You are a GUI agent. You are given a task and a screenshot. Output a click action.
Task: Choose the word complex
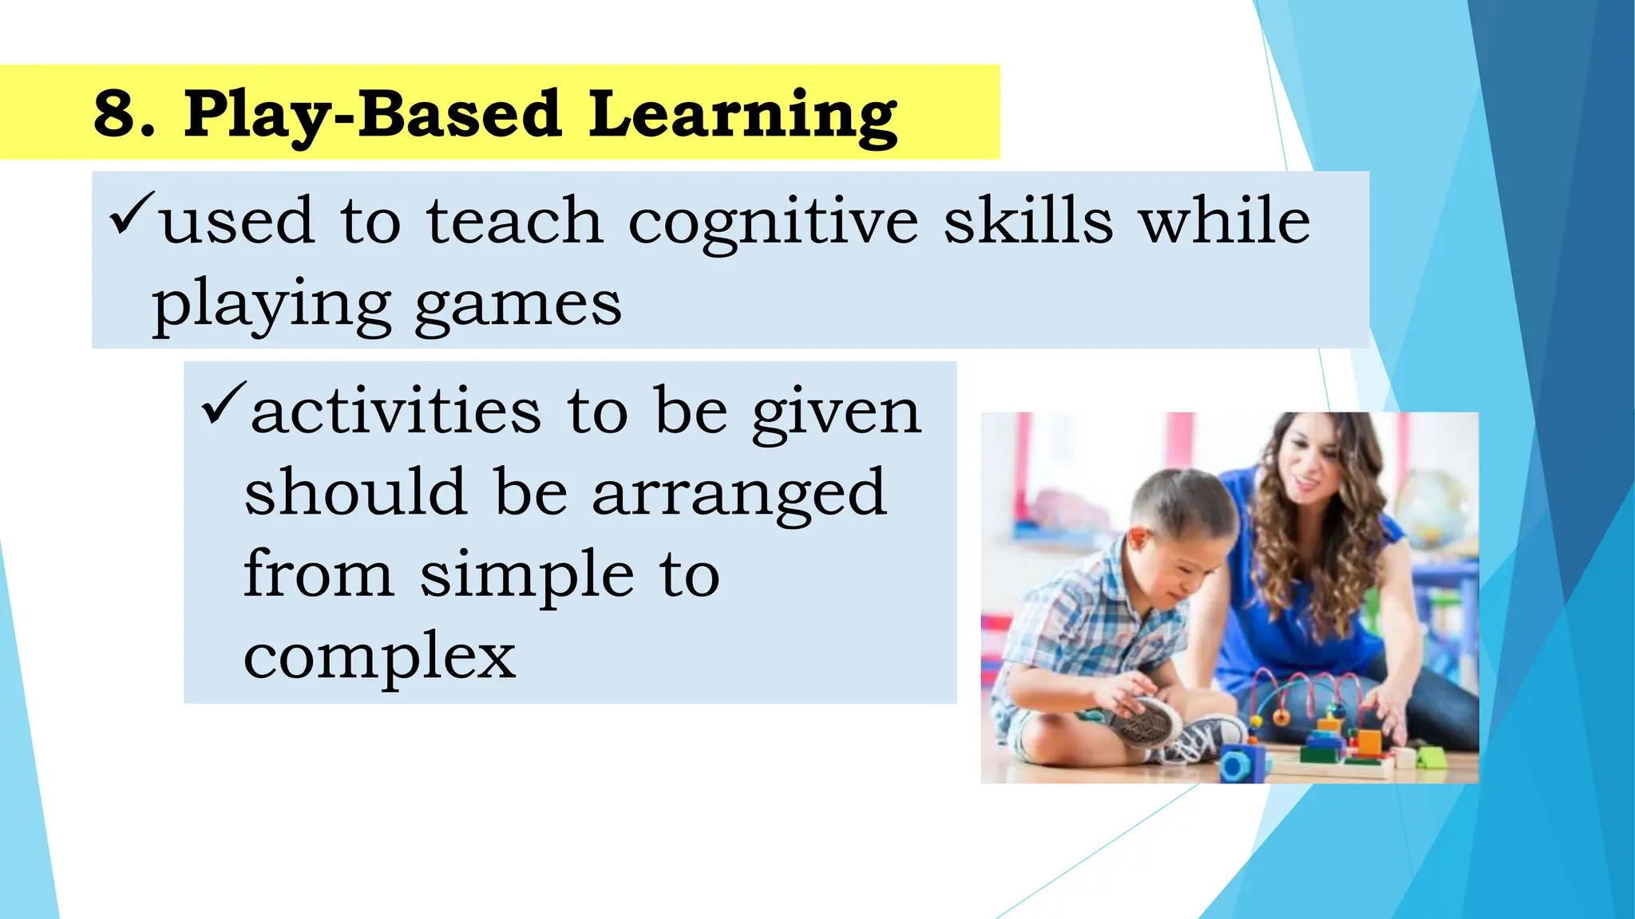380,657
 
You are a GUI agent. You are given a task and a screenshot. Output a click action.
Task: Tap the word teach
514,222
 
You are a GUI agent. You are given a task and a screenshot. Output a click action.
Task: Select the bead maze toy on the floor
1317,718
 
